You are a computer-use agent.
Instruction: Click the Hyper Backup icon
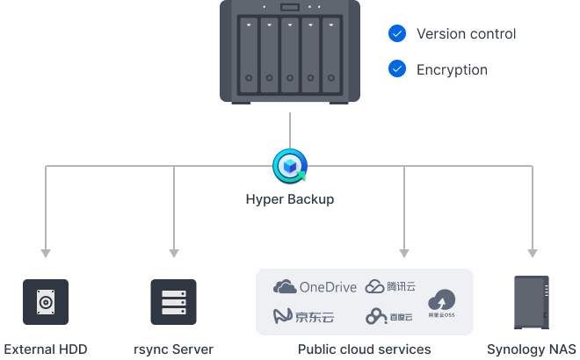289,165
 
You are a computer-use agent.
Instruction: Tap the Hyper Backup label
289,199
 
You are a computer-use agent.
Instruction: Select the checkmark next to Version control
397,34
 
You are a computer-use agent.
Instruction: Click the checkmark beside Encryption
397,68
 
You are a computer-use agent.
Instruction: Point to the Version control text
466,34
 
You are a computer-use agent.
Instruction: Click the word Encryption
451,68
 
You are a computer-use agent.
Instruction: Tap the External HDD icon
45,303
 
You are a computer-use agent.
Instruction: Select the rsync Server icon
173,303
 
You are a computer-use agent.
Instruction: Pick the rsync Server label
173,349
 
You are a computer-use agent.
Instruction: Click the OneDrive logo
315,287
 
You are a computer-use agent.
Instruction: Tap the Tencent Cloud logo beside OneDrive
389,287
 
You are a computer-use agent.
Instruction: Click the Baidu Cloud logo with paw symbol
389,315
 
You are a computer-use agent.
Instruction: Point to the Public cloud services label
364,349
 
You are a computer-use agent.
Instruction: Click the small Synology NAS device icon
531,302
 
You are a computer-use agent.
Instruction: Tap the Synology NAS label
531,349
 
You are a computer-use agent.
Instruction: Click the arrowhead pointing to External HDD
45,254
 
